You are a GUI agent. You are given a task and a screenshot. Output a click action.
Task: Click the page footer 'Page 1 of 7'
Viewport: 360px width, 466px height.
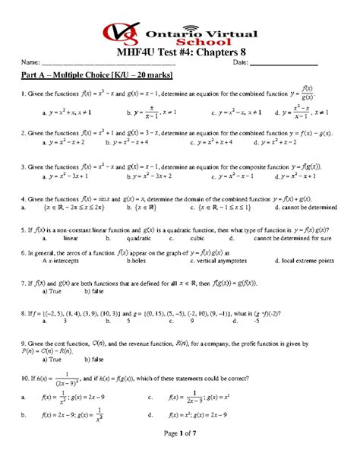(x=180, y=453)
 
